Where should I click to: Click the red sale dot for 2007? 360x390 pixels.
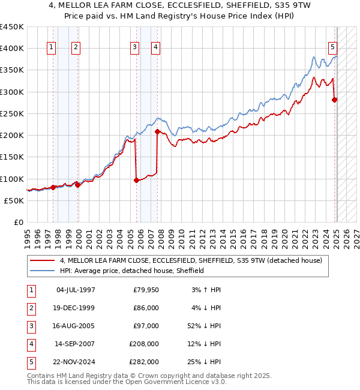[157, 131]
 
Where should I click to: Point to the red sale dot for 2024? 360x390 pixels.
[335, 100]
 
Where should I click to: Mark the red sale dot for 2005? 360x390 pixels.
[136, 179]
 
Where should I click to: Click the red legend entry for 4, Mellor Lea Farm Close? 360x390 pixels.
[191, 260]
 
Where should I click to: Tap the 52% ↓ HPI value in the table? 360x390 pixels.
[204, 326]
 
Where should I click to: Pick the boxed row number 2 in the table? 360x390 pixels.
[31, 308]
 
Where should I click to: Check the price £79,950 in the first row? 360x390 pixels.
[145, 290]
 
